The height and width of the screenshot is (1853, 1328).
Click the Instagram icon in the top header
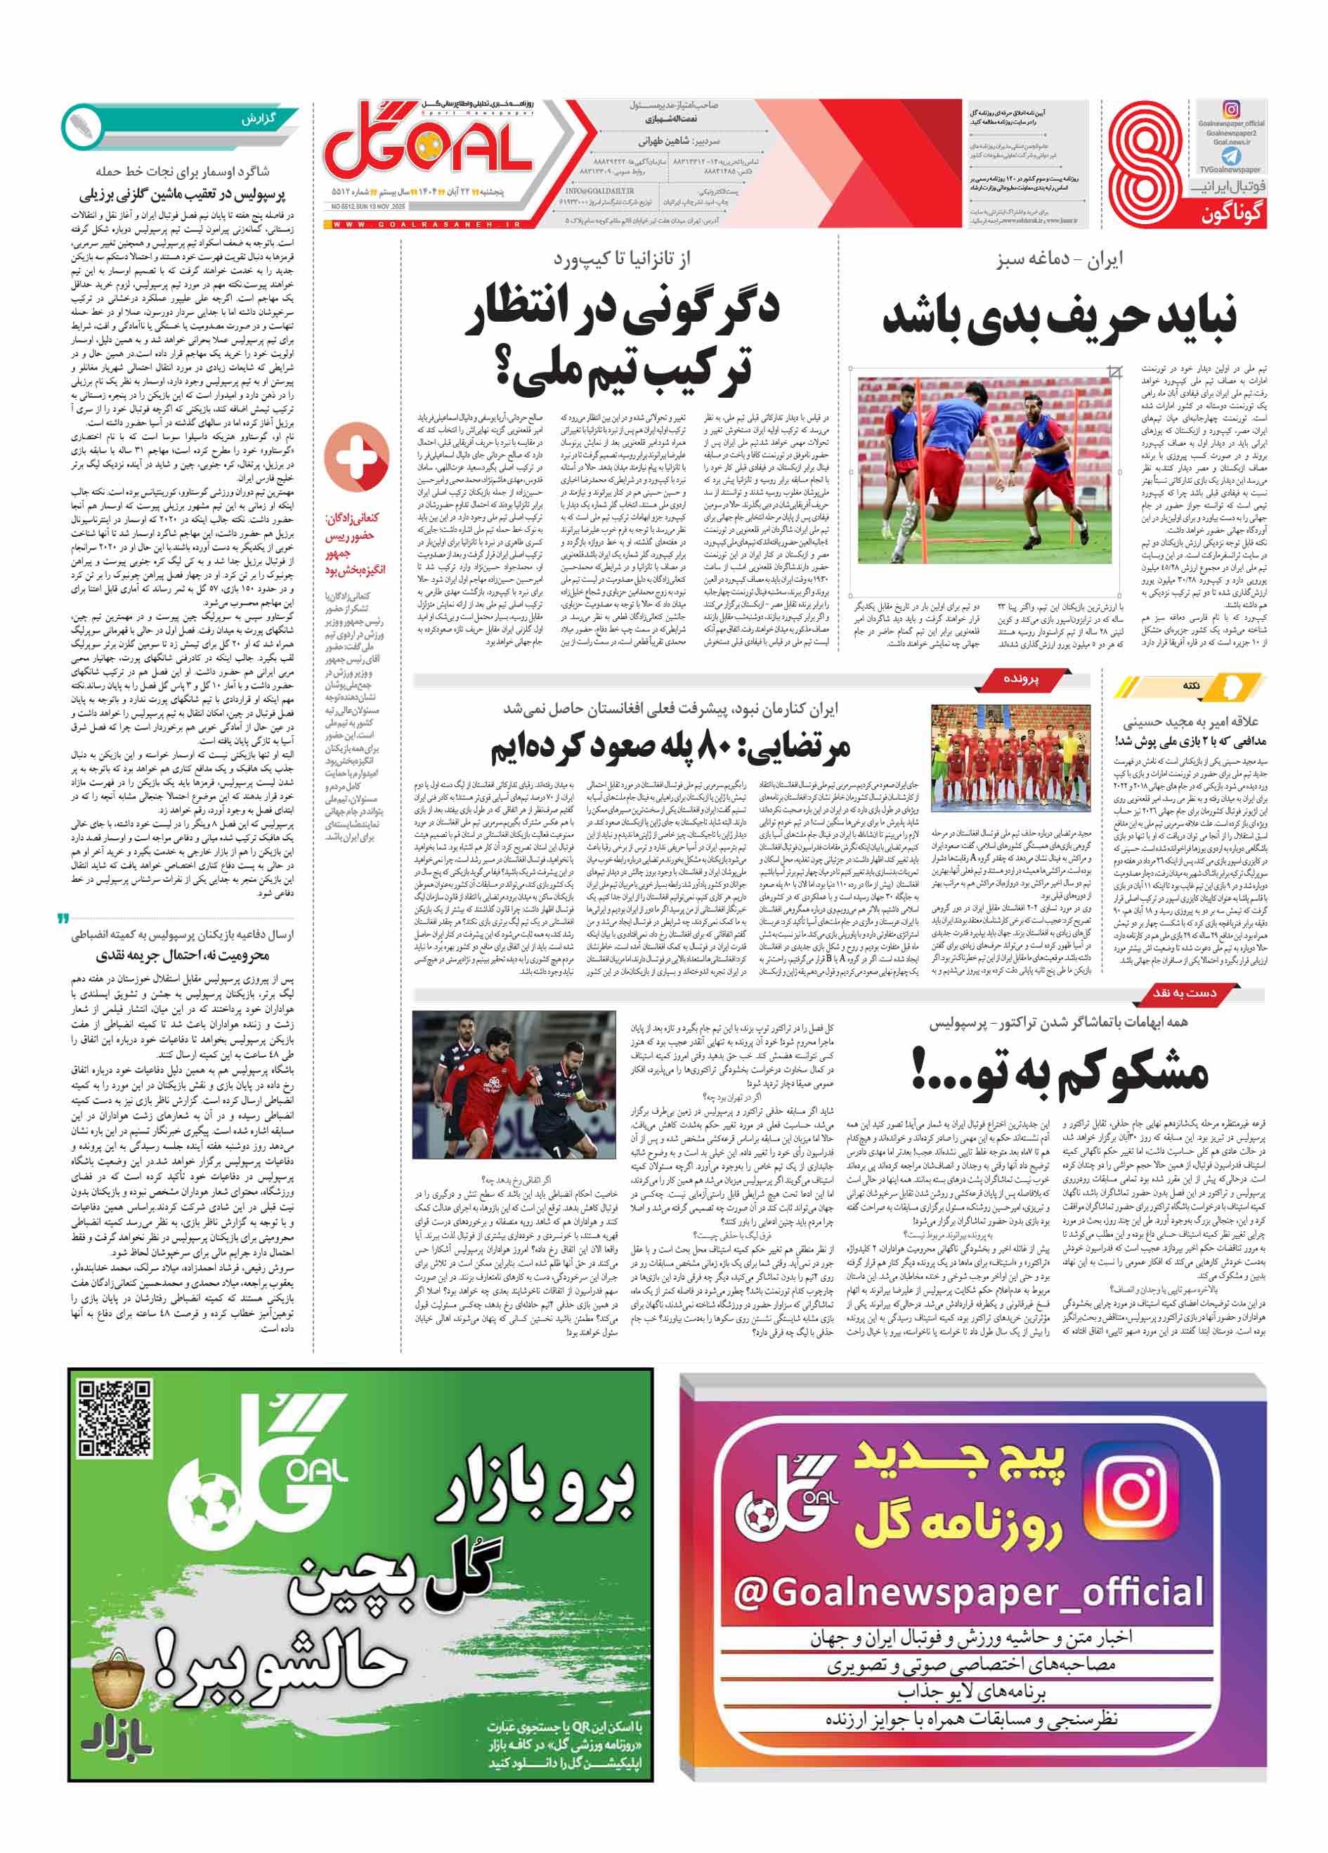pos(1230,110)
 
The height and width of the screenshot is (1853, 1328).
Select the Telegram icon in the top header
pos(1230,155)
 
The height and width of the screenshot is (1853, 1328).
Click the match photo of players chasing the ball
pos(514,1084)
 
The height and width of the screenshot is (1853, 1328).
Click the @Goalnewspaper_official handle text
pos(968,1592)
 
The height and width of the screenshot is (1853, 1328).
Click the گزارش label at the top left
pos(258,119)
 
